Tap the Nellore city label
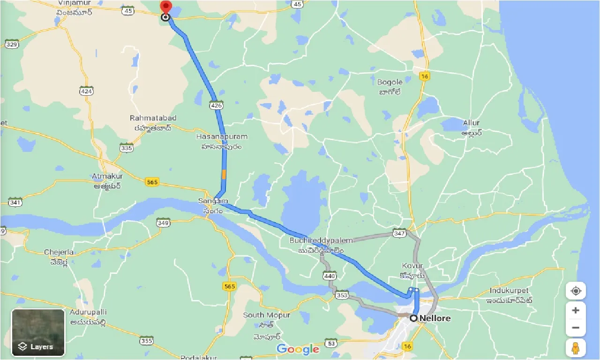[435, 318]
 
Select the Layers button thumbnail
[38, 332]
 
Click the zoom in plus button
[576, 310]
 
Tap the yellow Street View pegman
[576, 348]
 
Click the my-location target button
[576, 291]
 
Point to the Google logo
[298, 349]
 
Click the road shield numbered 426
[216, 106]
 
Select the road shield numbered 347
[399, 233]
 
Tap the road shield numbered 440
[330, 276]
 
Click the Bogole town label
[390, 82]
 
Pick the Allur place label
[471, 123]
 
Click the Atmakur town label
[107, 176]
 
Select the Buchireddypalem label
[321, 240]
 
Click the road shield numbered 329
[12, 45]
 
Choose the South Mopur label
[266, 315]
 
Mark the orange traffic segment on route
[224, 174]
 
